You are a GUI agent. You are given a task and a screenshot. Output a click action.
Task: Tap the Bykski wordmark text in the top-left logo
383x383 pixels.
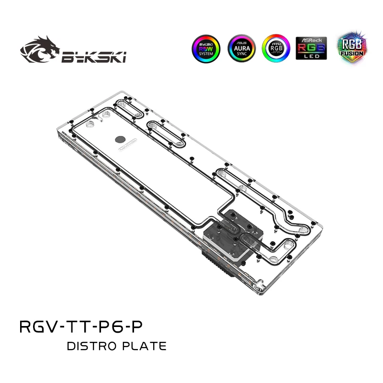tap(93, 57)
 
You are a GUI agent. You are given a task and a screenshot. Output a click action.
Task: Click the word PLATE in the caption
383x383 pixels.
tap(144, 346)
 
